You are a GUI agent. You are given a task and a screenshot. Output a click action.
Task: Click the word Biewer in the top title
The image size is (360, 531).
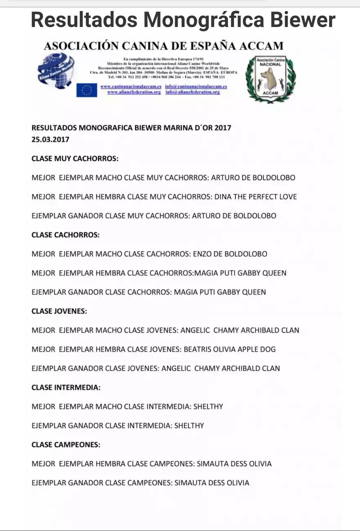[x=302, y=20]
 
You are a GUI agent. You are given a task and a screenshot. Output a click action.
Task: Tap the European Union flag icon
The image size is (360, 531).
[x=87, y=90]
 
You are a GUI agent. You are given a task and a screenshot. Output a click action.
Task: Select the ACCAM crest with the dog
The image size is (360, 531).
[x=270, y=79]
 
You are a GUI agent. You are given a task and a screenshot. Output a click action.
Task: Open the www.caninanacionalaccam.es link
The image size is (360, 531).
[x=131, y=86]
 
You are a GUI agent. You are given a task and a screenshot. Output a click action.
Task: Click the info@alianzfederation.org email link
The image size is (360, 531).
[x=193, y=92]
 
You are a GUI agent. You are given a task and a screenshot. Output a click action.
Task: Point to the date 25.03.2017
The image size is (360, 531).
[x=50, y=139]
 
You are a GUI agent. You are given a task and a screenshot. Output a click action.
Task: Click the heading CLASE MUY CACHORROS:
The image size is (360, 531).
[x=75, y=158]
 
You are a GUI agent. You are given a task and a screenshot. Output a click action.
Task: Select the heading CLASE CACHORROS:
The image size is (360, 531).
[x=65, y=235]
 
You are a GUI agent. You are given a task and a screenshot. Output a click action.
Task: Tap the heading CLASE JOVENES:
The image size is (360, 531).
[x=59, y=311]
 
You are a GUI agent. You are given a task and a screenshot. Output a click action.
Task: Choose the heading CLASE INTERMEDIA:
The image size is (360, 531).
[x=66, y=387]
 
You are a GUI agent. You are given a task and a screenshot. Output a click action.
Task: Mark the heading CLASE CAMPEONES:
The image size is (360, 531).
[x=66, y=445]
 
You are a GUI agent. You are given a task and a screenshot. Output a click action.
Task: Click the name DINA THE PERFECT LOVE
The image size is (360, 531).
[x=255, y=197]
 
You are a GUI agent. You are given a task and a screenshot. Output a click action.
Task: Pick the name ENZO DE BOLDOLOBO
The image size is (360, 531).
[x=230, y=254]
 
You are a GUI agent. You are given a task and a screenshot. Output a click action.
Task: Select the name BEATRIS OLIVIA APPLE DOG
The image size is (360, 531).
[x=230, y=349]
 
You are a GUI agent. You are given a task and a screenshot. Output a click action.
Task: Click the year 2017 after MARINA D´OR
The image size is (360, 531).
[x=223, y=128]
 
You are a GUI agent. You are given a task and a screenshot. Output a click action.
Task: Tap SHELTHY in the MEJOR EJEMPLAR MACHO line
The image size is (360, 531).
[x=208, y=407]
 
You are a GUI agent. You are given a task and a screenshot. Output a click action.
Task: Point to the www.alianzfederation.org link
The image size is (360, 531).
[x=134, y=92]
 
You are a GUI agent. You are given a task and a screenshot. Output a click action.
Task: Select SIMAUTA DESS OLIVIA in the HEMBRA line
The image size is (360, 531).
[x=234, y=464]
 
